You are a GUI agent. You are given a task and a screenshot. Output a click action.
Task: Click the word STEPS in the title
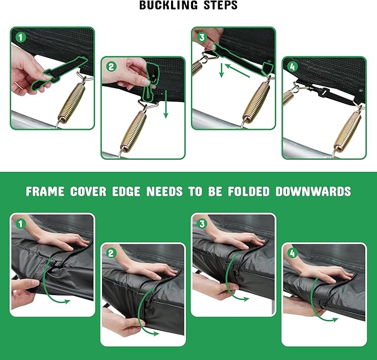(x=221, y=5)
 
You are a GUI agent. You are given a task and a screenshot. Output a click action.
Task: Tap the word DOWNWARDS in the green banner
(x=313, y=191)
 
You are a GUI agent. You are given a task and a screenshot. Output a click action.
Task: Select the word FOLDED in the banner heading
(x=249, y=191)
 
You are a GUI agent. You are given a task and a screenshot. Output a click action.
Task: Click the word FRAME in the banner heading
(x=45, y=191)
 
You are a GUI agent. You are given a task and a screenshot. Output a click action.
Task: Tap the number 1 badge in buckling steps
(x=21, y=38)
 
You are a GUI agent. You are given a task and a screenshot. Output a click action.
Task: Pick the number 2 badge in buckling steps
(x=111, y=67)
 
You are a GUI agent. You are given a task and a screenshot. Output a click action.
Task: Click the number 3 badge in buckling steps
(x=202, y=37)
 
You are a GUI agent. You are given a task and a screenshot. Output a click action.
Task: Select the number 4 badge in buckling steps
(x=293, y=67)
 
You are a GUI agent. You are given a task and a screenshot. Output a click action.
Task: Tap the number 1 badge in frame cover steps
(x=21, y=224)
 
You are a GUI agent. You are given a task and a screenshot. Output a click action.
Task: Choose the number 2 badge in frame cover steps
(x=111, y=253)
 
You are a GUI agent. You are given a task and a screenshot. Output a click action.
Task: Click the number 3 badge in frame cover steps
(x=202, y=224)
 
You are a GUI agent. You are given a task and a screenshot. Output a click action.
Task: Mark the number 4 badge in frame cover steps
(x=293, y=253)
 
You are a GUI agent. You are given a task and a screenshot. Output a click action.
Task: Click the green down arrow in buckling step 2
(x=165, y=105)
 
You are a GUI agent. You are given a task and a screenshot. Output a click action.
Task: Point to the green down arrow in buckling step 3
(x=222, y=70)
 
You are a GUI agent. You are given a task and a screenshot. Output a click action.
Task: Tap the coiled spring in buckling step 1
(x=72, y=102)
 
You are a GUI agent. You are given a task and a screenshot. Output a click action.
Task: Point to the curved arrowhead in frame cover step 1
(x=67, y=301)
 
